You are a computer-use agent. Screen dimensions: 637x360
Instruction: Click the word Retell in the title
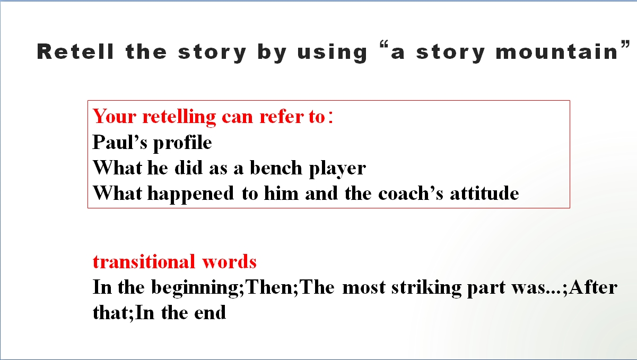75,52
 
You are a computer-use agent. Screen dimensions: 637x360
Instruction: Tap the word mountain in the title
556,51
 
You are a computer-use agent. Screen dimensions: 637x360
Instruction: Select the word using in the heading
332,52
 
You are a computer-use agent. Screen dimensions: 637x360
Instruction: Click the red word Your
115,116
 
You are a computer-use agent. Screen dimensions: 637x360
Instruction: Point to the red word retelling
179,117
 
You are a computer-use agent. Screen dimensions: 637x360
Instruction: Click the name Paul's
120,142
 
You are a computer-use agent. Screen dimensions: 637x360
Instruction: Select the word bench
276,168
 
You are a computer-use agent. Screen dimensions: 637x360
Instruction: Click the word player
337,169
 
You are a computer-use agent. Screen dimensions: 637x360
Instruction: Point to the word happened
190,194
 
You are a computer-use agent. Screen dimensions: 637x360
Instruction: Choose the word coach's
411,194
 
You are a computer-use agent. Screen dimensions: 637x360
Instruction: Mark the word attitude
484,194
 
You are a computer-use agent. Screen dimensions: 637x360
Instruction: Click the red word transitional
144,261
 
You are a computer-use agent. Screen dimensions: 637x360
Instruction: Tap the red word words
229,261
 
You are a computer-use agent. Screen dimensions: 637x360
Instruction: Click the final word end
210,313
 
